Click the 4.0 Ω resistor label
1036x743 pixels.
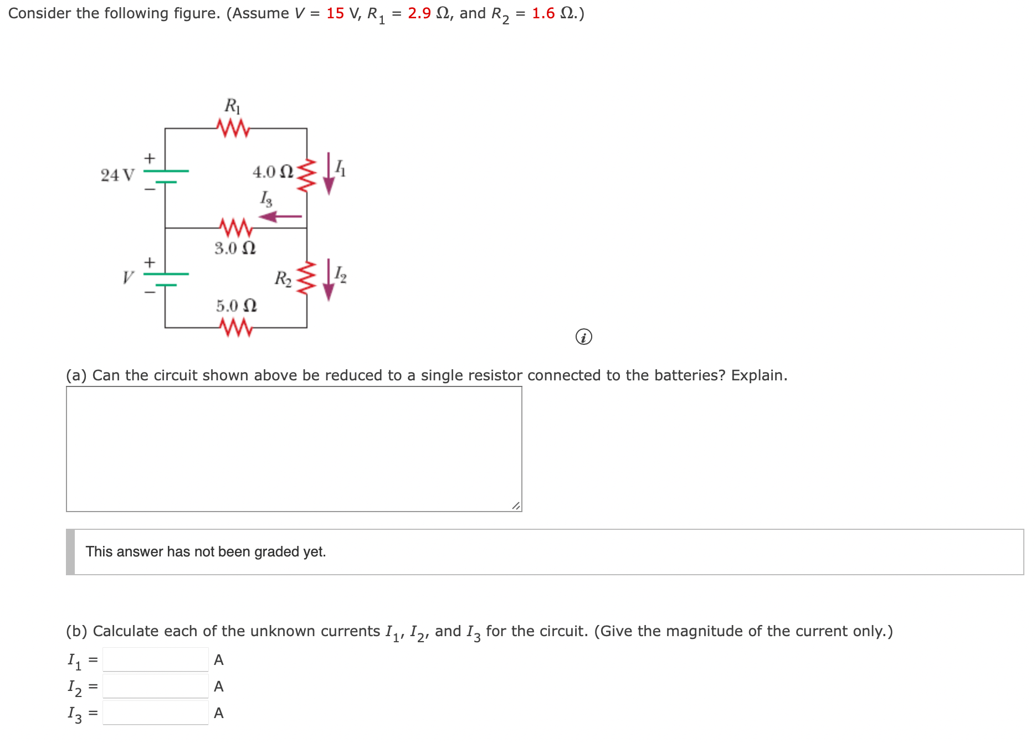(272, 172)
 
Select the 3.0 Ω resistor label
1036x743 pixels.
(235, 248)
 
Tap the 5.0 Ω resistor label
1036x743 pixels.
(236, 306)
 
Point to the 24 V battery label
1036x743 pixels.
(117, 175)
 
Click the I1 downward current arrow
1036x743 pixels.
(329, 174)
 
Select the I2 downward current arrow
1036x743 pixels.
(329, 280)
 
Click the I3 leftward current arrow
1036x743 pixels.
(280, 216)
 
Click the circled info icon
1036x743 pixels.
(583, 337)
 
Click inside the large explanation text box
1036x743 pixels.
(294, 448)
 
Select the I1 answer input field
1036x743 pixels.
(156, 659)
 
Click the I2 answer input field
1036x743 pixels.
(156, 686)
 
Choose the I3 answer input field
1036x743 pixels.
(156, 713)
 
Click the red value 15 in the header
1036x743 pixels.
(335, 13)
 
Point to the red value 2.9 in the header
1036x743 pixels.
(419, 13)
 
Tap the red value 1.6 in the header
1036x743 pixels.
(543, 13)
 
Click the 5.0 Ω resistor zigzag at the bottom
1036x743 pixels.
(236, 327)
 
